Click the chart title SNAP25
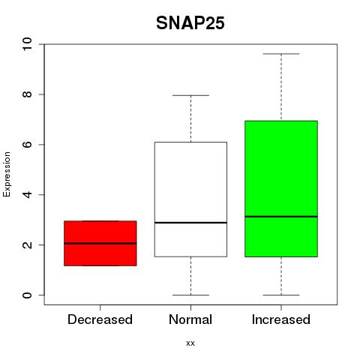(190, 23)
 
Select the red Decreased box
(100, 243)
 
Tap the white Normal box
(190, 199)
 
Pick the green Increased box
(281, 189)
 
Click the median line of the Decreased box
(100, 243)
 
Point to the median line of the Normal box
(190, 223)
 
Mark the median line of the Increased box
(281, 217)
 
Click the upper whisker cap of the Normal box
(190, 95)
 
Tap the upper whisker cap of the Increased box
(281, 54)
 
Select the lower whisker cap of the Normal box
(190, 295)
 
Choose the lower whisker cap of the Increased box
(281, 295)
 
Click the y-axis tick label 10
(27, 44)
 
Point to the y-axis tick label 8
(27, 94)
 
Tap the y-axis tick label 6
(27, 145)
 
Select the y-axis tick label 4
(27, 194)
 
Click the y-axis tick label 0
(27, 295)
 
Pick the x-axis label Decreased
(100, 319)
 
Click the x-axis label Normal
(190, 319)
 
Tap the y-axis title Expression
(7, 174)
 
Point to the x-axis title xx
(190, 343)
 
